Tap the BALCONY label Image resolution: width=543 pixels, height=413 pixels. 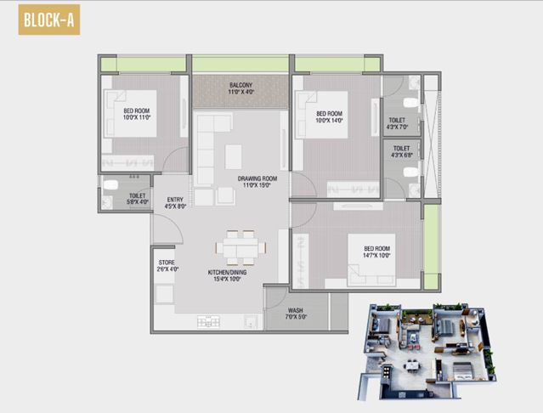click(x=240, y=88)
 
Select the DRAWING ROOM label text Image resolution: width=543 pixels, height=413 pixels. click(x=256, y=181)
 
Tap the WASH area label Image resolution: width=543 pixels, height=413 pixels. click(x=296, y=314)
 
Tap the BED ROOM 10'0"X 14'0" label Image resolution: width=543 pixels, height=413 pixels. click(x=330, y=118)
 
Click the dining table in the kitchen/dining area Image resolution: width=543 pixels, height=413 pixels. click(x=239, y=247)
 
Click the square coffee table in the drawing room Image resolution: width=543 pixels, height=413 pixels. click(x=233, y=156)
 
